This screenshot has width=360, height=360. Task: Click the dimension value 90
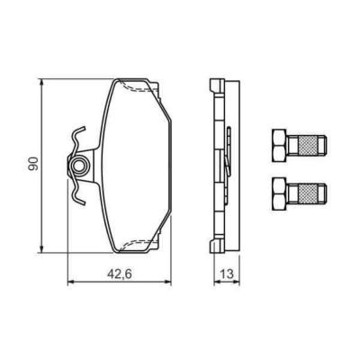click(33, 164)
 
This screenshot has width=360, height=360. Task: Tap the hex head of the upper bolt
click(279, 142)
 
